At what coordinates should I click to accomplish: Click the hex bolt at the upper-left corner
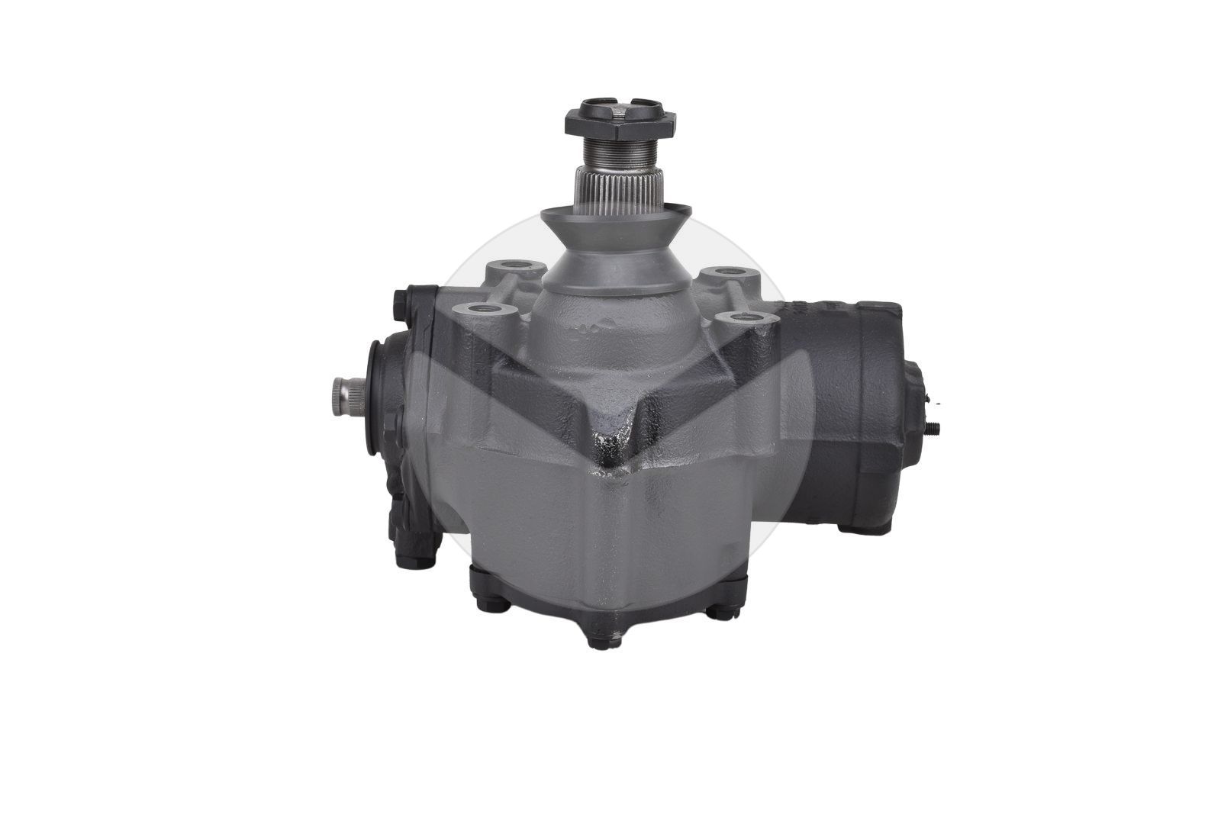point(401,304)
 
